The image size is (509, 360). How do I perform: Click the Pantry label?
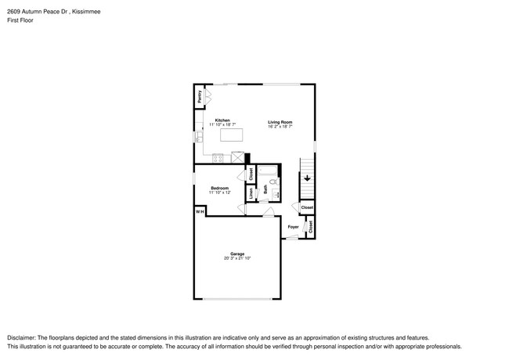200,97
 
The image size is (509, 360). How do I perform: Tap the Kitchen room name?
222,121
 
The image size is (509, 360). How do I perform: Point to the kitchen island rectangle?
232,135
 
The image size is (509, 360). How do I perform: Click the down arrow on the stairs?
308,178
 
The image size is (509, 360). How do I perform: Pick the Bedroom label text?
219,188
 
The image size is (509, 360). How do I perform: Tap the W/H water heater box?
199,211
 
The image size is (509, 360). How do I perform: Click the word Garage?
237,254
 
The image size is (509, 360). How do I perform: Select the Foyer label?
293,227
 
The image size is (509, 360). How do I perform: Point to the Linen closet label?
251,192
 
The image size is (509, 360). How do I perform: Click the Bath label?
265,188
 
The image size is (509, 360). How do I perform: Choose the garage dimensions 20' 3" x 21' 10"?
237,258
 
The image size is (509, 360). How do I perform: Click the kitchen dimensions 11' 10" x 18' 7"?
222,125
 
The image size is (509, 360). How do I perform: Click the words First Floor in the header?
20,21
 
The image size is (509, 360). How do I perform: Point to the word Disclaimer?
23,337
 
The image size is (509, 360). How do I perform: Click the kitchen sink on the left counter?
198,137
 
